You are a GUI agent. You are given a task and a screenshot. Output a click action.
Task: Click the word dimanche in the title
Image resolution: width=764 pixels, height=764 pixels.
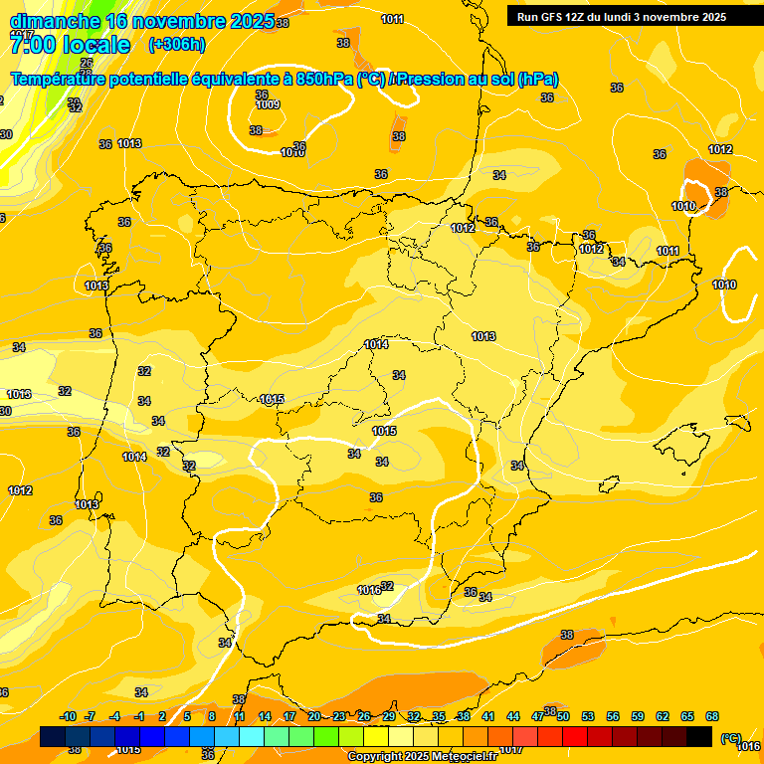[x=54, y=21]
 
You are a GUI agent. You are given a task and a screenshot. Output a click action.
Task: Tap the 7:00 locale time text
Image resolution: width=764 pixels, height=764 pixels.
[x=70, y=45]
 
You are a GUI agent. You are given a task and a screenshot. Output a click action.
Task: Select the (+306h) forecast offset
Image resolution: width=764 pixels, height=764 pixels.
[x=176, y=45]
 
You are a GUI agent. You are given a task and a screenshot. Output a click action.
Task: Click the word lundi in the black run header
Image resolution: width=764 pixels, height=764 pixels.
[x=614, y=17]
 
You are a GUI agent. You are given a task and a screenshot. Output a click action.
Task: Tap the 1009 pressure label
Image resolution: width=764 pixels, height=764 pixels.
[x=267, y=104]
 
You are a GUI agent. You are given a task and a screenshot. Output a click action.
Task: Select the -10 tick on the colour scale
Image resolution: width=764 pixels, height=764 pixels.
[x=68, y=716]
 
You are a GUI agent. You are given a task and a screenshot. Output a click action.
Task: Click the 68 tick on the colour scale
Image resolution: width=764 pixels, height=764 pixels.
[x=712, y=716]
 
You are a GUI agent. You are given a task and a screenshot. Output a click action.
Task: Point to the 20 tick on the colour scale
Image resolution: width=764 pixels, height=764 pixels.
[x=314, y=716]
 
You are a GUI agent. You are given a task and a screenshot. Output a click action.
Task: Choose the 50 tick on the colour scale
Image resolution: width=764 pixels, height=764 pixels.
[x=563, y=716]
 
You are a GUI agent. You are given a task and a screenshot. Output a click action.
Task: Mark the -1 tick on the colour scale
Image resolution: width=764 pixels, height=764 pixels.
[x=140, y=716]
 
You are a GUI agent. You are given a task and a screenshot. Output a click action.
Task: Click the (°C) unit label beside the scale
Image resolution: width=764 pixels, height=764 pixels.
[x=730, y=738]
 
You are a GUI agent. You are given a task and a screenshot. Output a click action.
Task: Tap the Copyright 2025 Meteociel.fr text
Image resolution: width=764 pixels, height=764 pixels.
[x=422, y=756]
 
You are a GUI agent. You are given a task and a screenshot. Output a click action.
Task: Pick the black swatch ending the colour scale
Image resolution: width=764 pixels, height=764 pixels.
[x=699, y=737]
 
